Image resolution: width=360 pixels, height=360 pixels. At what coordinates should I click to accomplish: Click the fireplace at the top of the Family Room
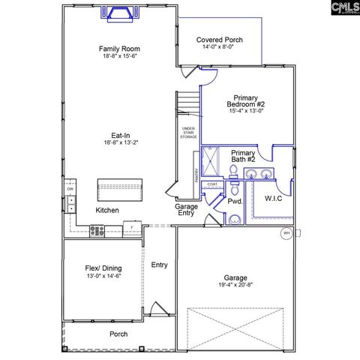coord(118,12)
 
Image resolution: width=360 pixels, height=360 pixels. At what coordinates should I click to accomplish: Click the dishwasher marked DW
coord(70,189)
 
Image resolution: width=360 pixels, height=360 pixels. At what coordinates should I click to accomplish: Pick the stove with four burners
coord(97,229)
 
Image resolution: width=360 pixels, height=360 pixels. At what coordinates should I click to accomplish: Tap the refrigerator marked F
coord(132,226)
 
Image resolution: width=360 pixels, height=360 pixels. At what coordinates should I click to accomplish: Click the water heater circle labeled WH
coord(286,233)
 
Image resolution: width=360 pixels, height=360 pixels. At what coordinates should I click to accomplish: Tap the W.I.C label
coord(273,199)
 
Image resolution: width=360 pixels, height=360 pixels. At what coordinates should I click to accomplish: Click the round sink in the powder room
coord(234,219)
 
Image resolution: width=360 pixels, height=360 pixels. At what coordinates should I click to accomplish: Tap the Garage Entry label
coord(186,210)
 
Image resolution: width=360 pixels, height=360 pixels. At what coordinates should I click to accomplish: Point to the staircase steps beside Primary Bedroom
coord(188,102)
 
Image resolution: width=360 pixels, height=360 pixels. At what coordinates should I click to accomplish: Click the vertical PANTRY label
coord(196,177)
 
